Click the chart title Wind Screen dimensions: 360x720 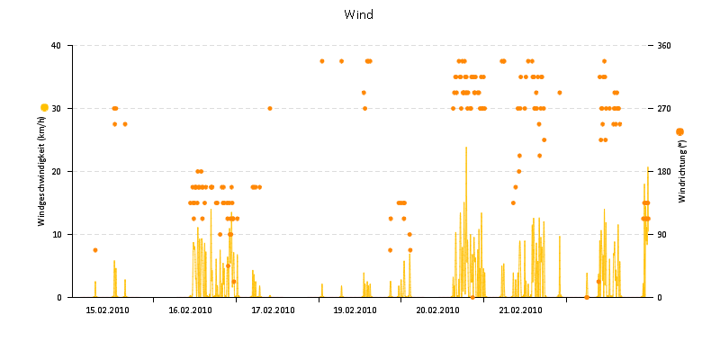tap(358, 14)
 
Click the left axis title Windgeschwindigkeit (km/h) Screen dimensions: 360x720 tap(41, 171)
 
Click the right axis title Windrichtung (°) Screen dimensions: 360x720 tap(682, 171)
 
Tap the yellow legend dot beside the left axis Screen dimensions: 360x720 tap(44, 108)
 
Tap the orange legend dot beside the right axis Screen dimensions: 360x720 tap(679, 132)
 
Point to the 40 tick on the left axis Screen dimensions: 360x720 tap(56, 46)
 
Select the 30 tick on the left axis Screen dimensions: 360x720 tap(56, 109)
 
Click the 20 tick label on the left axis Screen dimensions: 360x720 tap(56, 172)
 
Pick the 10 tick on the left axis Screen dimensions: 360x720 tap(56, 235)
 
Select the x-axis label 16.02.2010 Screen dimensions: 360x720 tap(190, 310)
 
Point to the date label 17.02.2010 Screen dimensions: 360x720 tap(273, 310)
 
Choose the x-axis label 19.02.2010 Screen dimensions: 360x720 tap(355, 310)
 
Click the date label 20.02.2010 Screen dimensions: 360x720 tap(437, 310)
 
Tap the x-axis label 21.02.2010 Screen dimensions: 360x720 tap(520, 310)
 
